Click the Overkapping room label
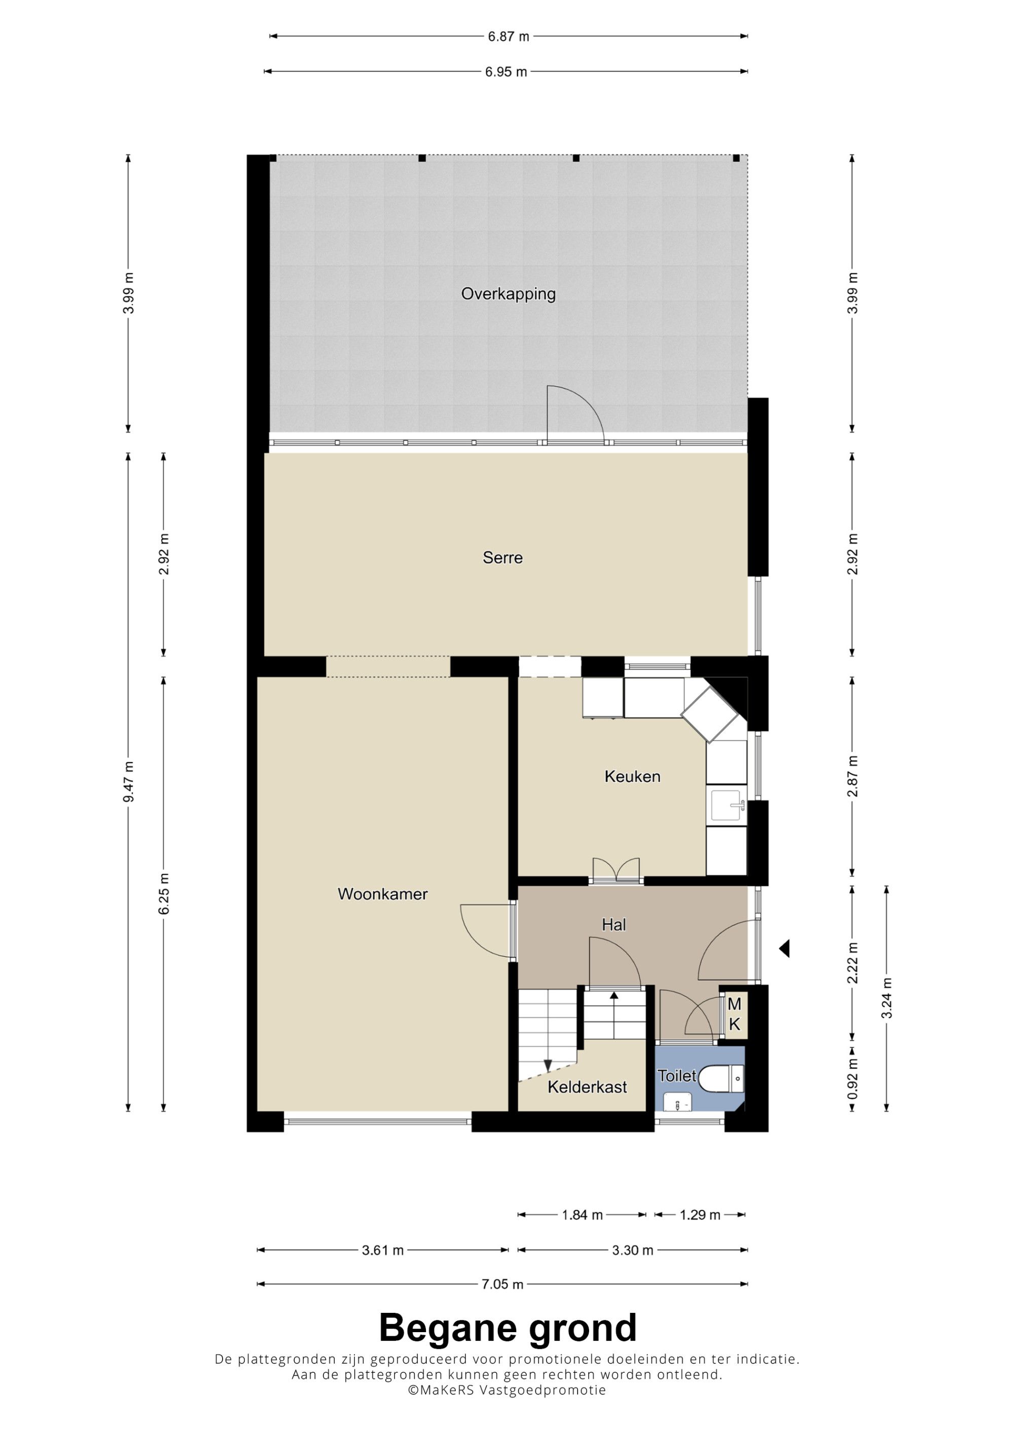tap(508, 294)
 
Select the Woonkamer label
tap(382, 894)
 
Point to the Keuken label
tap(632, 776)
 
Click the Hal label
tap(613, 925)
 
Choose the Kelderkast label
tap(587, 1087)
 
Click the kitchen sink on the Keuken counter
tap(727, 805)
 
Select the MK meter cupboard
tap(735, 1014)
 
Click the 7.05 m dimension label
tap(502, 1284)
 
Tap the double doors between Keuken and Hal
tap(617, 870)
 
